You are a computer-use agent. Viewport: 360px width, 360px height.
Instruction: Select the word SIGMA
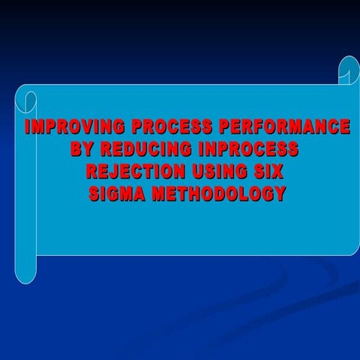point(117,193)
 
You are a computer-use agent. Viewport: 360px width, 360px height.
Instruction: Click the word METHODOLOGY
point(218,193)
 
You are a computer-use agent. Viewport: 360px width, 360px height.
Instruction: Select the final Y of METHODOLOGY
point(279,193)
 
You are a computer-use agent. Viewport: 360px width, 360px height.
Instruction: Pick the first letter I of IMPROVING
point(28,126)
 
